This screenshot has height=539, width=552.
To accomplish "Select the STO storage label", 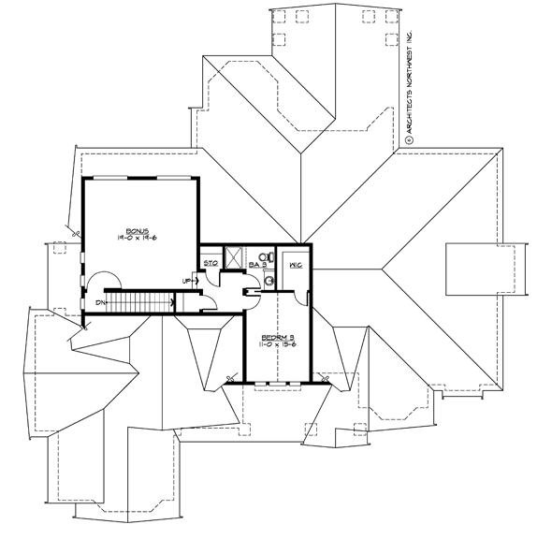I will (211, 265).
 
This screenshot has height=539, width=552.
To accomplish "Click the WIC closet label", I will (295, 267).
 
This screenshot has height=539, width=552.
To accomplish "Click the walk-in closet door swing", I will (301, 295).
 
